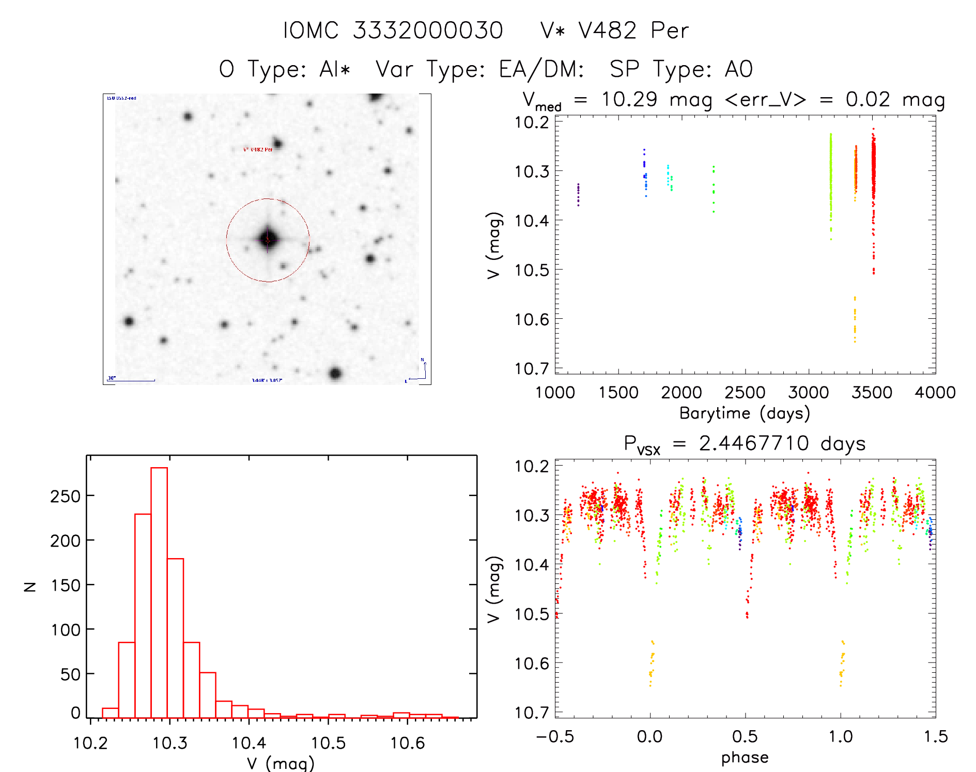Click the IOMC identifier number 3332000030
click(428, 30)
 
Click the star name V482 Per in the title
click(614, 30)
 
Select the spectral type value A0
click(739, 69)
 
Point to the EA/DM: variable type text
click(541, 69)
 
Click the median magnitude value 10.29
click(629, 99)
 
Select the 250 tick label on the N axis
click(66, 497)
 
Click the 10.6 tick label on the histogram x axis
click(407, 743)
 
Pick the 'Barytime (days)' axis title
click(745, 413)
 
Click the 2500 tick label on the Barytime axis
click(745, 393)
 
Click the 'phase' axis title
click(745, 758)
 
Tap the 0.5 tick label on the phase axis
click(745, 737)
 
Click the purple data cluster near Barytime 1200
click(578, 194)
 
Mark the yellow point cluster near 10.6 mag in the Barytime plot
click(855, 319)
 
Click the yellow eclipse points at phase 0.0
click(652, 663)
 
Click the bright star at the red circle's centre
click(268, 240)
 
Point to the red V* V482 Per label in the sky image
click(258, 150)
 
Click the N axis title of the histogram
click(30, 586)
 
